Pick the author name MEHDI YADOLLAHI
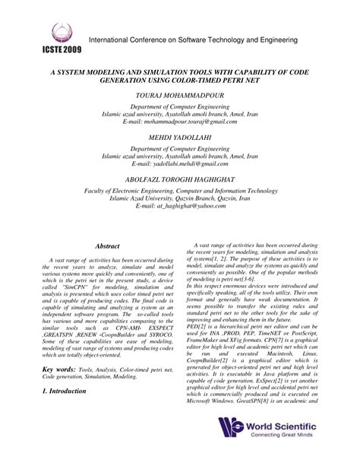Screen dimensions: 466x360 coord(179,138)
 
